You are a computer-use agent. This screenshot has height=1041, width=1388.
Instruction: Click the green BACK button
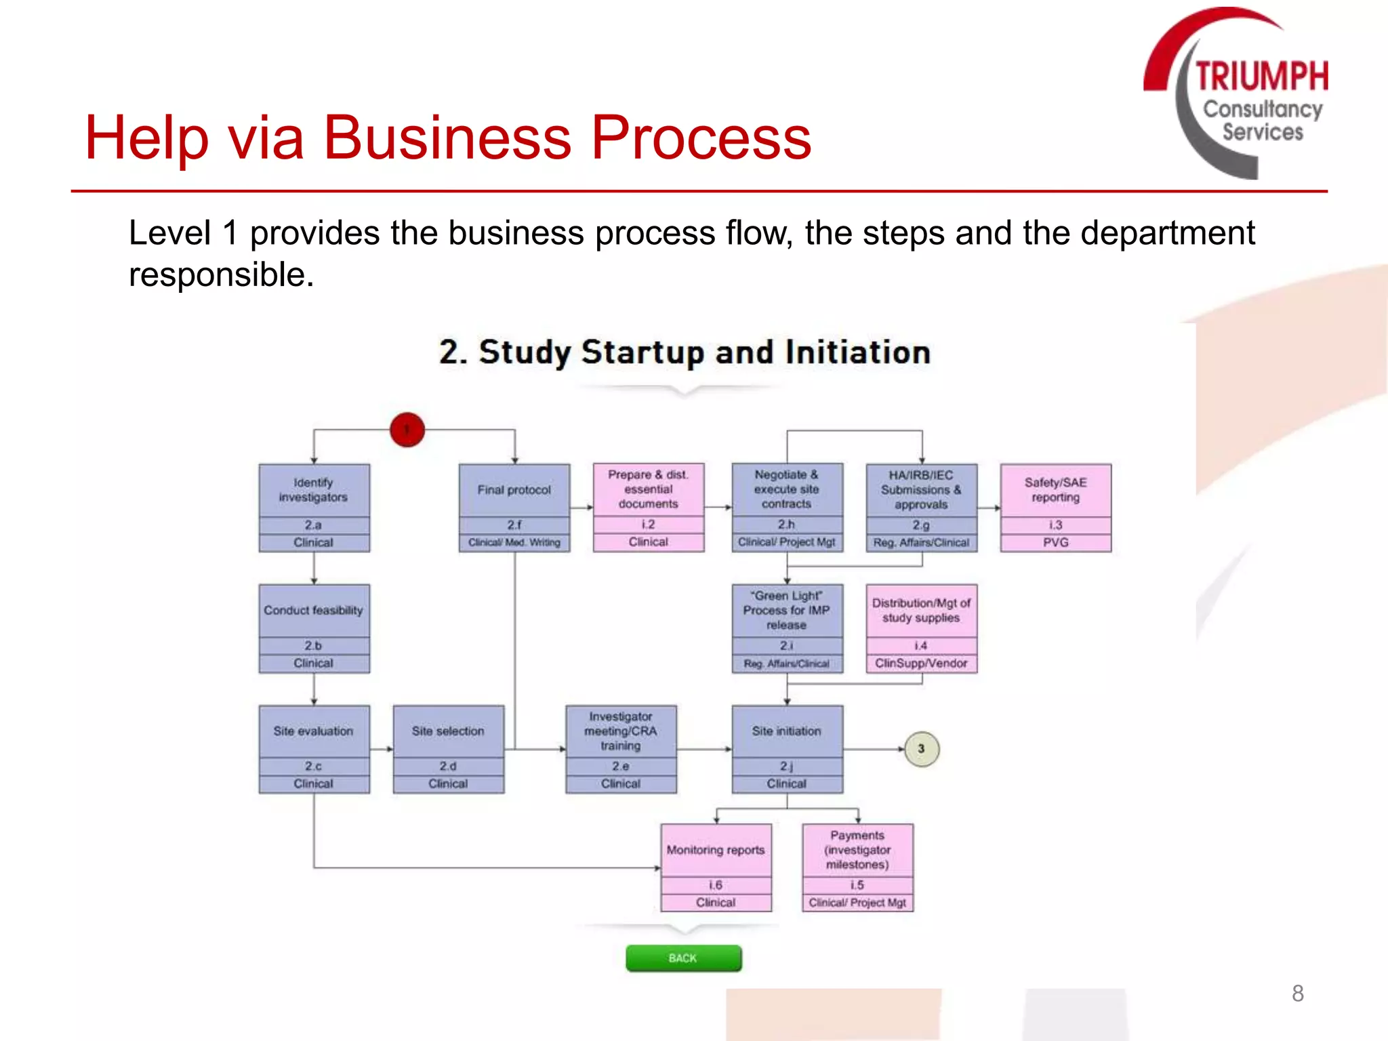[x=683, y=958]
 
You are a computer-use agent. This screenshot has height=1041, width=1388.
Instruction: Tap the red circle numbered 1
[x=407, y=430]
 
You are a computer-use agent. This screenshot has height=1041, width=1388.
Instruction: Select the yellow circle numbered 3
[x=922, y=749]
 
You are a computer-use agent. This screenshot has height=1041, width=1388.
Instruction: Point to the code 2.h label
[x=786, y=525]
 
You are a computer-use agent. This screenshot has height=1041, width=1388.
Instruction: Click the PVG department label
[x=1055, y=542]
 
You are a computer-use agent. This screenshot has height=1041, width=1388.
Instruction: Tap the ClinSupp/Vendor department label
[x=921, y=663]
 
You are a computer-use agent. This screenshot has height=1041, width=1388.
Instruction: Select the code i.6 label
[x=716, y=885]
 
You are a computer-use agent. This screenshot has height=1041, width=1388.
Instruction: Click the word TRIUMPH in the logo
[x=1261, y=76]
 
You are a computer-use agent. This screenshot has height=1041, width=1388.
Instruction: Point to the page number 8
[x=1297, y=994]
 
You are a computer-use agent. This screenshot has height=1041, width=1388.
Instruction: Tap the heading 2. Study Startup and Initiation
[x=685, y=352]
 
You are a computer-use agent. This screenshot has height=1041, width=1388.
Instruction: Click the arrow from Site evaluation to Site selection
[x=382, y=749]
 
